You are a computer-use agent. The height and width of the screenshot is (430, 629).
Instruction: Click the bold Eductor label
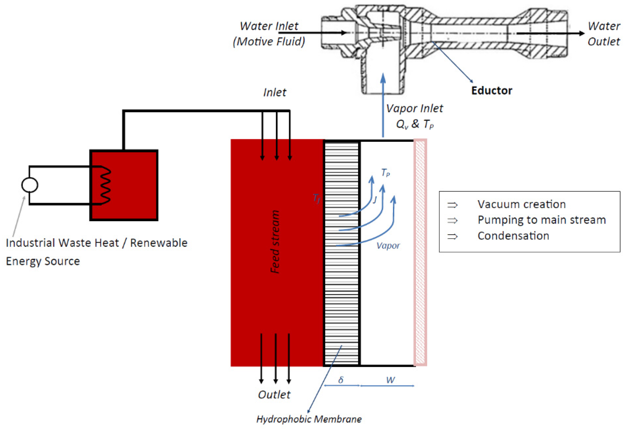491,90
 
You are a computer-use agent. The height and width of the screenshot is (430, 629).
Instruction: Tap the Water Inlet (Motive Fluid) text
269,34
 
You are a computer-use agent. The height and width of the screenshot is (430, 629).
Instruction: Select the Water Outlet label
604,34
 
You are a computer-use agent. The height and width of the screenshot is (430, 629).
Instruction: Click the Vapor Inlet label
414,109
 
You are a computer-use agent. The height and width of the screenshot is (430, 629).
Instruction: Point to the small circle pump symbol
29,185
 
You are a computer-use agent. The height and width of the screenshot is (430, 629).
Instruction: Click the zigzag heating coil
106,185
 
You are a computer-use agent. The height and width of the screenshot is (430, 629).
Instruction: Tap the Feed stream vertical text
275,241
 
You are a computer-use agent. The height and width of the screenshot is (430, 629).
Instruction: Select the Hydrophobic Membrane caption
309,419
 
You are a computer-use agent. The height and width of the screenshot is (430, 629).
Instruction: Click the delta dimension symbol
341,380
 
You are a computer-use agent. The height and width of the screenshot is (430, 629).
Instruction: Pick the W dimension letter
390,380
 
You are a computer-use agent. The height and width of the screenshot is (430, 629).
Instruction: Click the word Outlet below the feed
274,394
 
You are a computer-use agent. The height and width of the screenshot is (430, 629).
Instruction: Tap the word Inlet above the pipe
274,93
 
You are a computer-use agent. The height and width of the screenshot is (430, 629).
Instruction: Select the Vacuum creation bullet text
521,204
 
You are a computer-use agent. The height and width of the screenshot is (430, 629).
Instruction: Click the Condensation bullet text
513,236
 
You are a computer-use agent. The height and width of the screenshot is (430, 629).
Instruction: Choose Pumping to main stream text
541,220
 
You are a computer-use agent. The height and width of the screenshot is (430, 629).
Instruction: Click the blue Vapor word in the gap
388,246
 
